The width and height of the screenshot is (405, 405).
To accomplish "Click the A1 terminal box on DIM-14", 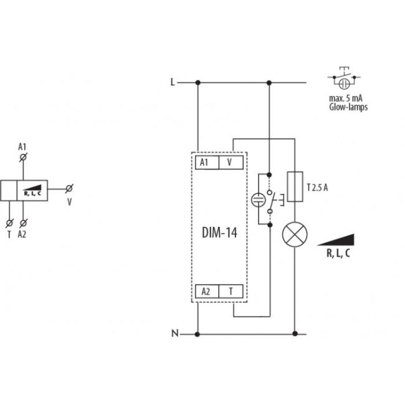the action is [207, 163].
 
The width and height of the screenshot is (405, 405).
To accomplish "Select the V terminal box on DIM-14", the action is [231, 163].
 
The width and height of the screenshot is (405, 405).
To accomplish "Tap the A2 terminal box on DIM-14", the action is [207, 292].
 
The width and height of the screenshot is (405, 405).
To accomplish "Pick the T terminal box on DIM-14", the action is [231, 292].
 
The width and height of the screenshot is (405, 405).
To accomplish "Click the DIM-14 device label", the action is [219, 232].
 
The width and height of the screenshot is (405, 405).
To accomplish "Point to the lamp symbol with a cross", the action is [295, 234].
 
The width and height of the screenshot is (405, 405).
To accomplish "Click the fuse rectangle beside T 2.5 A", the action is [295, 186].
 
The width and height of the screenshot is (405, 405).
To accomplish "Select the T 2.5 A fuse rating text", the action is [317, 188].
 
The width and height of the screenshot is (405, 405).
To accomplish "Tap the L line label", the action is [173, 82].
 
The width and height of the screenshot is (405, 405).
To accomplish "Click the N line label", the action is [175, 333].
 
